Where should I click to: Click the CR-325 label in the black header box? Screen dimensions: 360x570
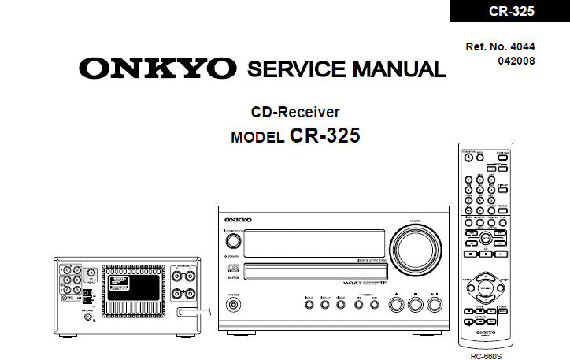pos(512,11)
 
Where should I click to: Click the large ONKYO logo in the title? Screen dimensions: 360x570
pos(157,69)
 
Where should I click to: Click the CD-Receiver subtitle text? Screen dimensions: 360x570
pos(295,112)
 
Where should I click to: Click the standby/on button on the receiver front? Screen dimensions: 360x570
pos(232,242)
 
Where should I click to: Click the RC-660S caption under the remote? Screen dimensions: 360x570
pos(486,355)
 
